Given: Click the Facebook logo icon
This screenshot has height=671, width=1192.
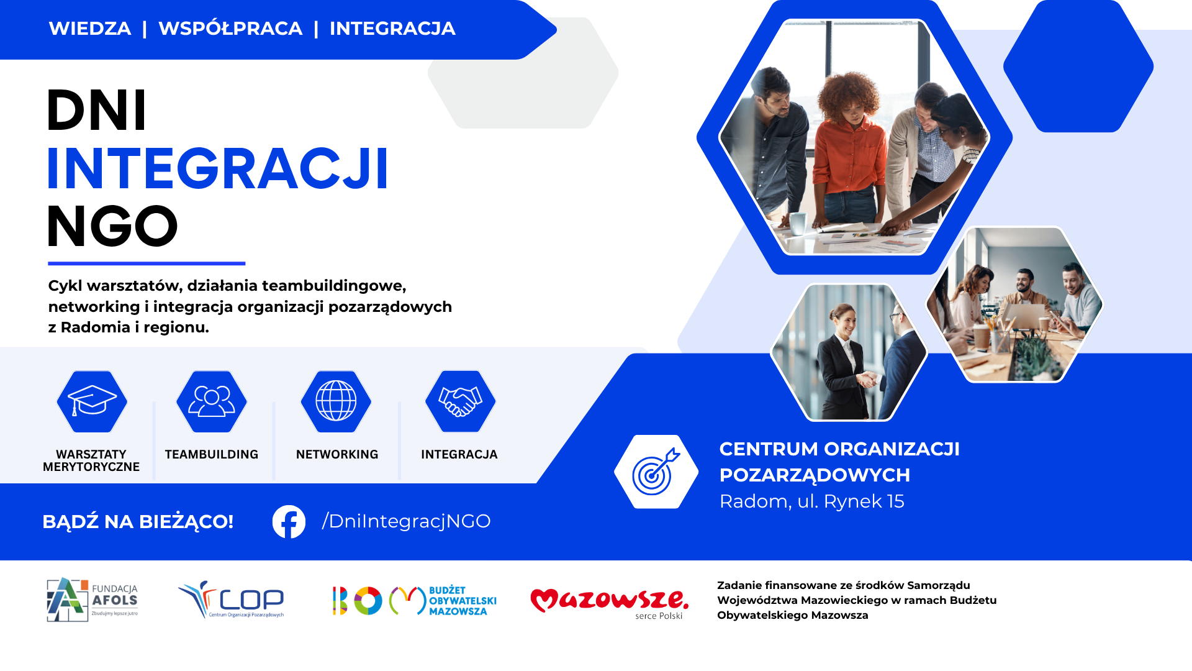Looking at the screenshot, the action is click(x=289, y=522).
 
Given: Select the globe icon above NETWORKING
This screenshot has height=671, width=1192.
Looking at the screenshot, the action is click(x=336, y=401).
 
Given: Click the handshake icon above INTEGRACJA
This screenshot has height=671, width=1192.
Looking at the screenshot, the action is click(x=460, y=401).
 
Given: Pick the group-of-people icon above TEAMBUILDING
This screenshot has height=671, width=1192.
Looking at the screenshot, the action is click(x=212, y=401).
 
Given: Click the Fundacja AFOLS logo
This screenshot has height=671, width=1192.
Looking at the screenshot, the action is click(x=93, y=600).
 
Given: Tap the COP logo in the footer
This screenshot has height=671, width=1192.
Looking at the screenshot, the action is click(x=231, y=600).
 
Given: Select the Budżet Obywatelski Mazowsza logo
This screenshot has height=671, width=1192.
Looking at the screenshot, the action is click(x=415, y=601).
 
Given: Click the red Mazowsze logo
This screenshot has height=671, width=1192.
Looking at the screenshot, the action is click(x=610, y=603).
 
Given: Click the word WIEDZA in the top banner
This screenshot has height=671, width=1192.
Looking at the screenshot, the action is click(x=90, y=29).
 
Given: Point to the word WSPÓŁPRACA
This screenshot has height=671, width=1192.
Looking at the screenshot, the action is click(x=230, y=29).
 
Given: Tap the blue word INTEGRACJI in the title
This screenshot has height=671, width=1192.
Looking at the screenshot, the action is click(x=218, y=168).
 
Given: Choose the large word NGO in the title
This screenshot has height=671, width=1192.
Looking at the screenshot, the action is click(x=112, y=226).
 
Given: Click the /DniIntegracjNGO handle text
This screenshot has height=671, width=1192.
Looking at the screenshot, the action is click(x=406, y=521).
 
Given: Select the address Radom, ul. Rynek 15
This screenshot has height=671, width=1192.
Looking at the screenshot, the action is click(x=812, y=501).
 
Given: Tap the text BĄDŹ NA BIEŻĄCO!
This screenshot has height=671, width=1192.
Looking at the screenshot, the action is click(x=138, y=522).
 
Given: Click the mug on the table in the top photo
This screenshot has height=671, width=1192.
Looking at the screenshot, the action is click(x=798, y=222).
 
